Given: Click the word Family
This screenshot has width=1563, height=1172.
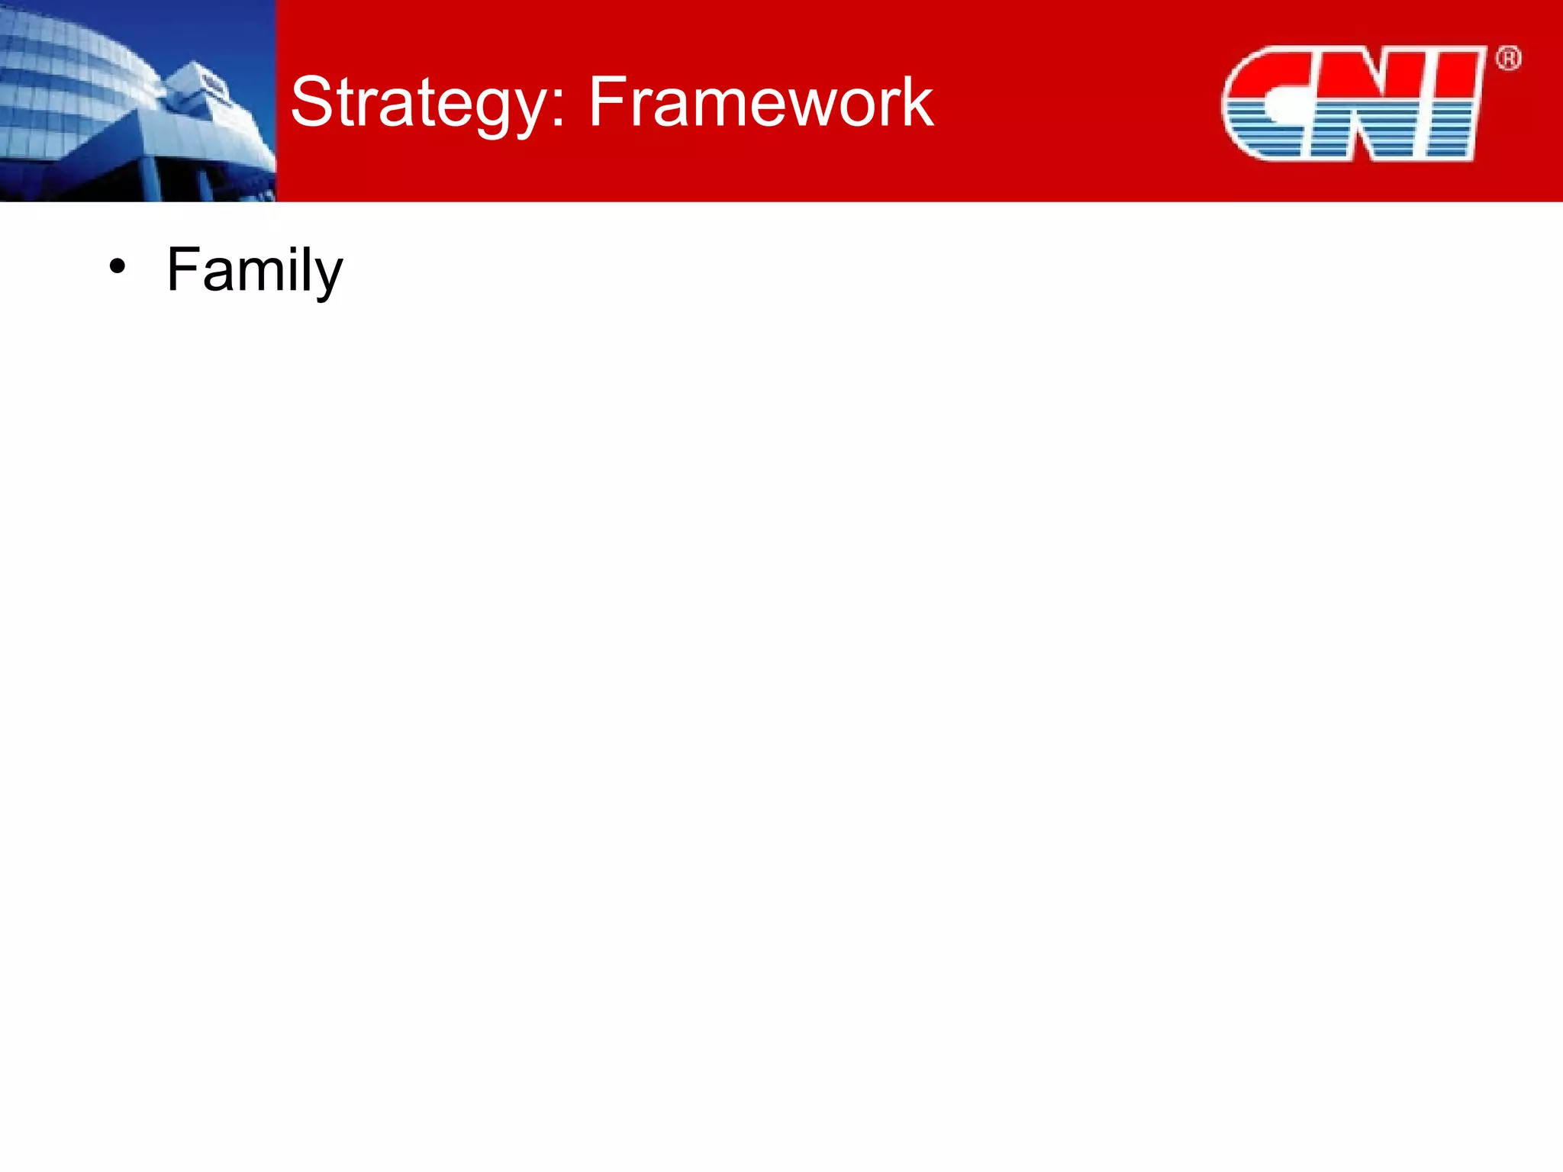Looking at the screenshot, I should click(x=254, y=270).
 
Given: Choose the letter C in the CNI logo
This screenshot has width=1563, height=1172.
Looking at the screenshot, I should click(x=1267, y=103).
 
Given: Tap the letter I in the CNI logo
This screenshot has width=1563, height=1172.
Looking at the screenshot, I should click(x=1454, y=103).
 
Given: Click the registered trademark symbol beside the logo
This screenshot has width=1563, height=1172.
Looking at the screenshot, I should click(x=1509, y=59).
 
